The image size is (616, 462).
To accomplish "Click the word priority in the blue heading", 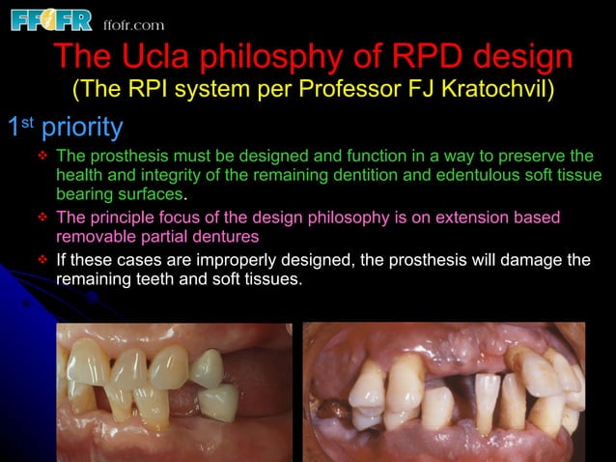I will click(82, 128).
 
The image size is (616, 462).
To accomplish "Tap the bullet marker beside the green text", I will click(42, 157).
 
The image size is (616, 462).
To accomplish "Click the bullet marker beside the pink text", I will click(42, 217).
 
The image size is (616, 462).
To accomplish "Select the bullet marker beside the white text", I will click(42, 260).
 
